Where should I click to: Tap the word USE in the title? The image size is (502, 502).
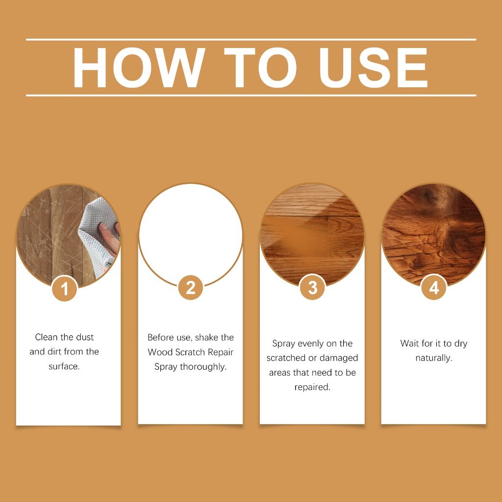(374, 68)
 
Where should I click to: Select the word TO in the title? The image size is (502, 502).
(260, 68)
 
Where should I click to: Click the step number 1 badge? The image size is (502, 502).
(65, 289)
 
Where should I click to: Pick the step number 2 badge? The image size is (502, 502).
(191, 287)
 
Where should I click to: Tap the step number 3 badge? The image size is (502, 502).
(312, 287)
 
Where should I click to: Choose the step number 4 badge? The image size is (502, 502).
(434, 287)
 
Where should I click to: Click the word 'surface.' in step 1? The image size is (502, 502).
(64, 366)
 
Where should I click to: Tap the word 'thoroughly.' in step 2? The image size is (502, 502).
(203, 367)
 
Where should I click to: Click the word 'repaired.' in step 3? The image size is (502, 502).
(312, 387)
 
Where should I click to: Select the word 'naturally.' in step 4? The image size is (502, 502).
(434, 358)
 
